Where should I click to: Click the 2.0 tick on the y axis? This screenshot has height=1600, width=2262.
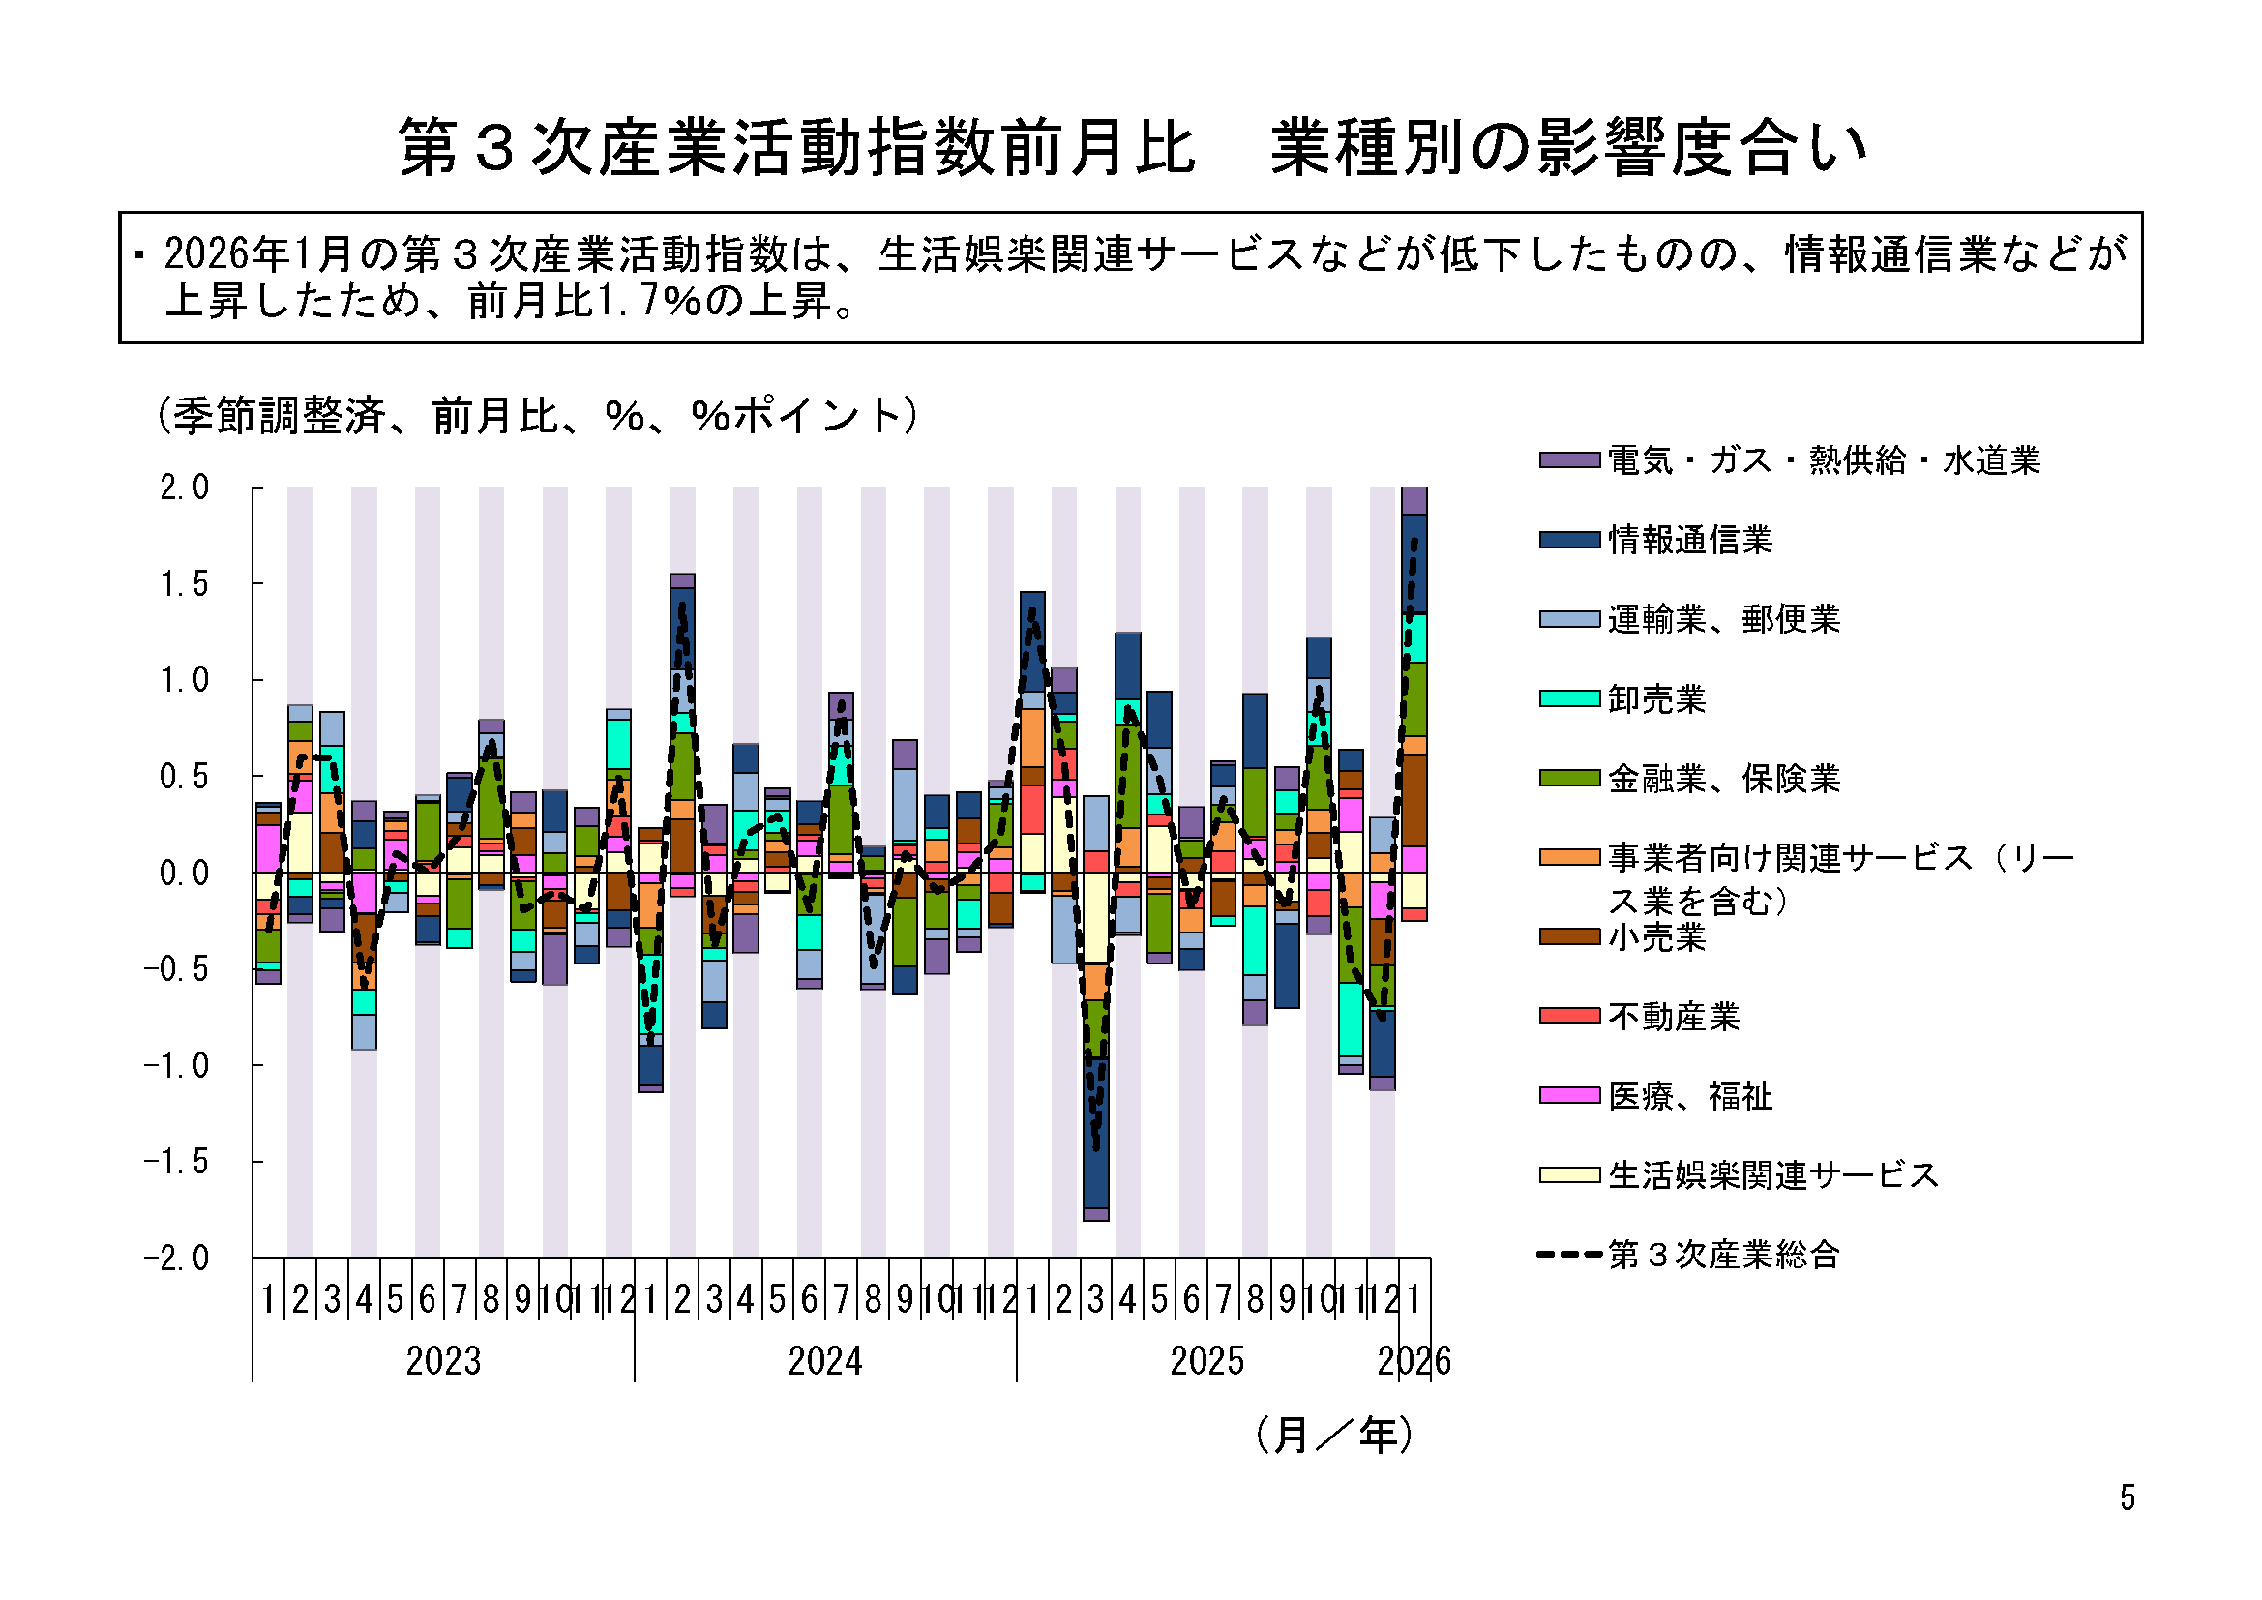tap(184, 488)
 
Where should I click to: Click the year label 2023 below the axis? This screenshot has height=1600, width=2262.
tap(443, 1362)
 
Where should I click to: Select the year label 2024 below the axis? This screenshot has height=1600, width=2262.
tap(825, 1362)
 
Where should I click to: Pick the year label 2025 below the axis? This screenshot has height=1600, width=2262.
tap(1206, 1362)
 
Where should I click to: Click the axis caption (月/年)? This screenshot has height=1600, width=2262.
tap(1335, 1436)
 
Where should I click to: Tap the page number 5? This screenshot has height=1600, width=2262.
tap(2128, 1498)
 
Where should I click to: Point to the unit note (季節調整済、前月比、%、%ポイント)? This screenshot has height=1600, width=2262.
tap(538, 416)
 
